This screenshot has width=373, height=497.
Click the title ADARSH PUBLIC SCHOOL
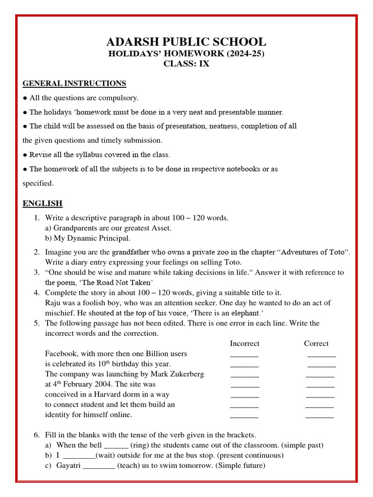tap(186, 42)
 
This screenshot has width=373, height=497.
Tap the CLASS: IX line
tap(186, 64)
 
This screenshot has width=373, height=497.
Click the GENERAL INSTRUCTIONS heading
tap(74, 83)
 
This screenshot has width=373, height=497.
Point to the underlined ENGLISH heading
tap(43, 203)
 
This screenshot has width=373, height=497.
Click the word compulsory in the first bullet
tap(117, 98)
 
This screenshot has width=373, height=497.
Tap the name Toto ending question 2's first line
tap(336, 252)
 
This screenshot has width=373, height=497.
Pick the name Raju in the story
tap(54, 303)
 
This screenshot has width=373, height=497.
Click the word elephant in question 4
tap(246, 313)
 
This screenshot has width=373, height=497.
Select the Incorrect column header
tap(244, 344)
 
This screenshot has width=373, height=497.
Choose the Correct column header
tap(316, 344)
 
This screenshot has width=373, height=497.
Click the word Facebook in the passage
tap(61, 354)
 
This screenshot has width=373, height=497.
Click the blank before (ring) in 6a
tap(116, 446)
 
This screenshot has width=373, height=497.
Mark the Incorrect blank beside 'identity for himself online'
tap(244, 415)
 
